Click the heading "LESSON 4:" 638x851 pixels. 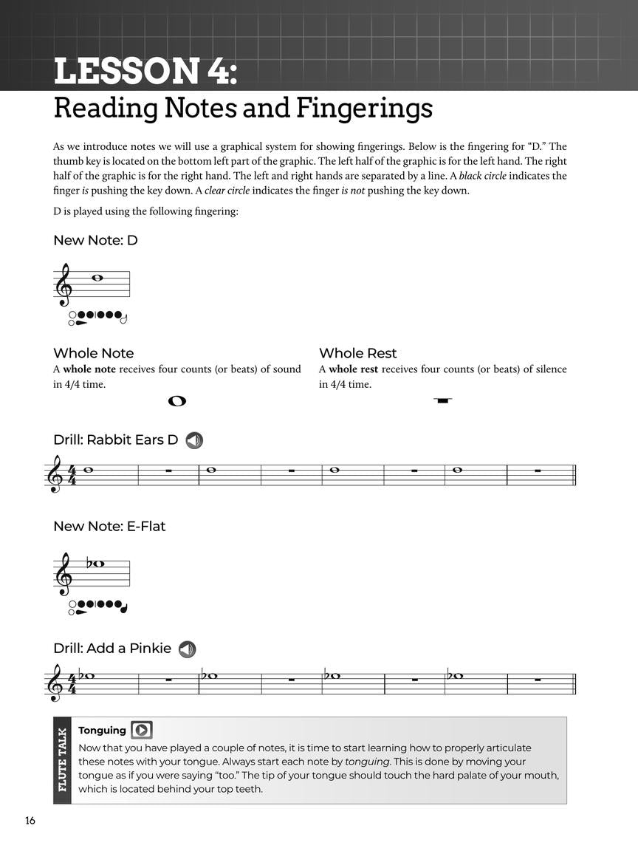(145, 72)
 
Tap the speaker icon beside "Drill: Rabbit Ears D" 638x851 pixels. (194, 440)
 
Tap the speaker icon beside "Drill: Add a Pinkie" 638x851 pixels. (188, 649)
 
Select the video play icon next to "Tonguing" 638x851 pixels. (141, 731)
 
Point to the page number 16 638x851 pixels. (30, 821)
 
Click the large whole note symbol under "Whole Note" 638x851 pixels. (177, 401)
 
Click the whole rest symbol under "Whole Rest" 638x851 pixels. (443, 400)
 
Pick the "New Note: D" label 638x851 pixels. (95, 240)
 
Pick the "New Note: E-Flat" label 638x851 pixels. (109, 526)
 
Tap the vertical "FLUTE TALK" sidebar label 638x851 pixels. (62, 760)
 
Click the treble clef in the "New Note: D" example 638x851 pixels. (64, 285)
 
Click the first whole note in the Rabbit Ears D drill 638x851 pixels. (89, 469)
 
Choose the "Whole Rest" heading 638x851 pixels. (357, 353)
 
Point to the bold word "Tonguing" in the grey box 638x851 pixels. (102, 731)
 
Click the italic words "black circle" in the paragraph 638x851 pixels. (483, 176)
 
